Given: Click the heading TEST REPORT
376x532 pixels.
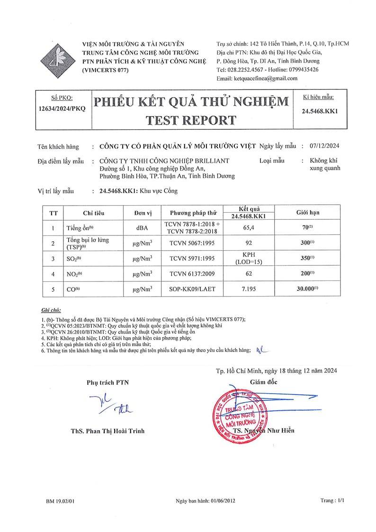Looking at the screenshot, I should pyautogui.click(x=191, y=119).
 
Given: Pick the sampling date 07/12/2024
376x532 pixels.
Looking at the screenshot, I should pyautogui.click(x=327, y=146).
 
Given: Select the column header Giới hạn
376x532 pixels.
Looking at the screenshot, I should pyautogui.click(x=308, y=212).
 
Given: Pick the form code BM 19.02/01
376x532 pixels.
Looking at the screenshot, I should pyautogui.click(x=61, y=500).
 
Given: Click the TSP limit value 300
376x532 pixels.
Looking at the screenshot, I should pyautogui.click(x=308, y=243).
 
